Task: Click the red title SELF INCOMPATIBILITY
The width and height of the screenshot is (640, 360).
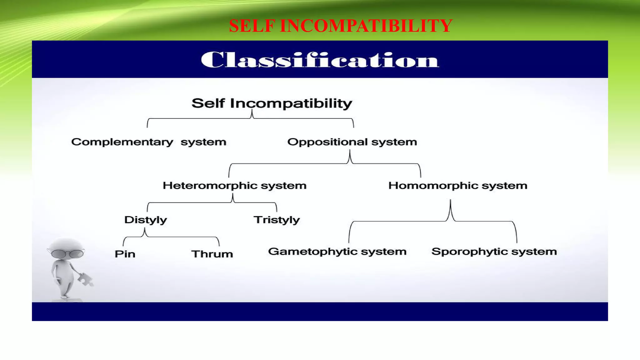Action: coord(340,26)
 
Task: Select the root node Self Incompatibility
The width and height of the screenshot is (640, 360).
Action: coord(272,103)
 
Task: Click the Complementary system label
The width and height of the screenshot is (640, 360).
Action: coord(149,142)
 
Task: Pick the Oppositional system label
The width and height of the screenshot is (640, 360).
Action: coord(352,142)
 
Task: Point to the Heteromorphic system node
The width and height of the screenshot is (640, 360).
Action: coord(234,186)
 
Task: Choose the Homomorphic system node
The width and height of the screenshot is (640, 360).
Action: coord(457,186)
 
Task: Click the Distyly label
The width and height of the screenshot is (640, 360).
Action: coord(145,220)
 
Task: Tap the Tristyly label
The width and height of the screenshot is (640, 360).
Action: coord(276,220)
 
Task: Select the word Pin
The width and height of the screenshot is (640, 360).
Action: coord(125,254)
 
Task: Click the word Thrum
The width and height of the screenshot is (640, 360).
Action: coord(212,254)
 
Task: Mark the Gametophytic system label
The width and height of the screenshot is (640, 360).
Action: coord(337,252)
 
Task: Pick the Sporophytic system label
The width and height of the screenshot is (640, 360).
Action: coord(494,252)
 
